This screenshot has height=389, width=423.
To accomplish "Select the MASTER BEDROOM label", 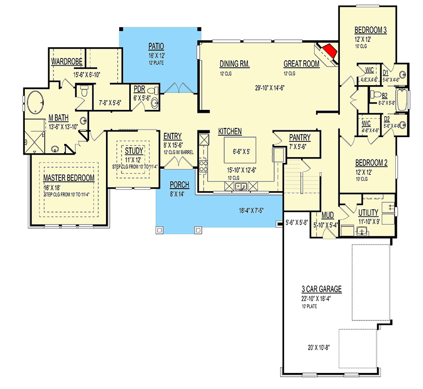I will [x=69, y=178].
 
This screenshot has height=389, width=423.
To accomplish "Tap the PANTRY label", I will [x=300, y=138].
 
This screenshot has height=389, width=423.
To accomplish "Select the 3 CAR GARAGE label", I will [x=321, y=289].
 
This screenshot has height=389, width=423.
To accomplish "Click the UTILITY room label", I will [x=369, y=213].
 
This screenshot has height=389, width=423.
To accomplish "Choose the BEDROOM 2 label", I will [x=371, y=163].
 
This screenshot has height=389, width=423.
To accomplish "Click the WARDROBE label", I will [x=67, y=62].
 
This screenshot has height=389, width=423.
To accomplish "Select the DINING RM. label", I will [x=234, y=64].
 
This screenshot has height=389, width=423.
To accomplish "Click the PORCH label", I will [x=179, y=185].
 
